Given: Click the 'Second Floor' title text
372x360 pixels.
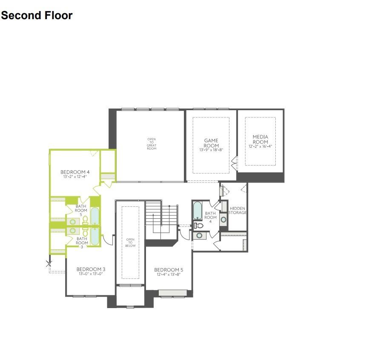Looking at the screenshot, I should (37, 16).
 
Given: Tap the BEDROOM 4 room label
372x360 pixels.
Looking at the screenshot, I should (74, 172).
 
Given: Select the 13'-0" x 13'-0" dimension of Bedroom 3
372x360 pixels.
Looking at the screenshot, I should (91, 274).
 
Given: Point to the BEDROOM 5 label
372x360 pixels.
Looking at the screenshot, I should (169, 270).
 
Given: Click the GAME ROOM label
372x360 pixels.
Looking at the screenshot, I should (211, 143).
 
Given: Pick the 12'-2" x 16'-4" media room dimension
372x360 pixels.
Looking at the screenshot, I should (260, 146).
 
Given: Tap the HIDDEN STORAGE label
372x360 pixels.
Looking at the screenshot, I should (237, 210).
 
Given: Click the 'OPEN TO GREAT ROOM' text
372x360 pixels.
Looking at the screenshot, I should (152, 144).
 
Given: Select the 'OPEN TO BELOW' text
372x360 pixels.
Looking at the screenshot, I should (130, 243).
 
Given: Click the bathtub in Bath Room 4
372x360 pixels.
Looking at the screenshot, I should (197, 210).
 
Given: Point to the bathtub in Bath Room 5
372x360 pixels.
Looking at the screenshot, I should (94, 216).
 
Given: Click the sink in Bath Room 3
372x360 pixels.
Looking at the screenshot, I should (73, 231).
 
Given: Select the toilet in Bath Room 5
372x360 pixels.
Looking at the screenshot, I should (85, 220).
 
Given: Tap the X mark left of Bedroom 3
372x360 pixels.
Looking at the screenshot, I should (49, 264).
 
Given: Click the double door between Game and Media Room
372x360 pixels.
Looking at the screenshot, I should (233, 163).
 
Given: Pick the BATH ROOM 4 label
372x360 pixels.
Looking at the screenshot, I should (210, 217).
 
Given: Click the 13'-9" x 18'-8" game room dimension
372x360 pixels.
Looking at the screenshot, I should (211, 150).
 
